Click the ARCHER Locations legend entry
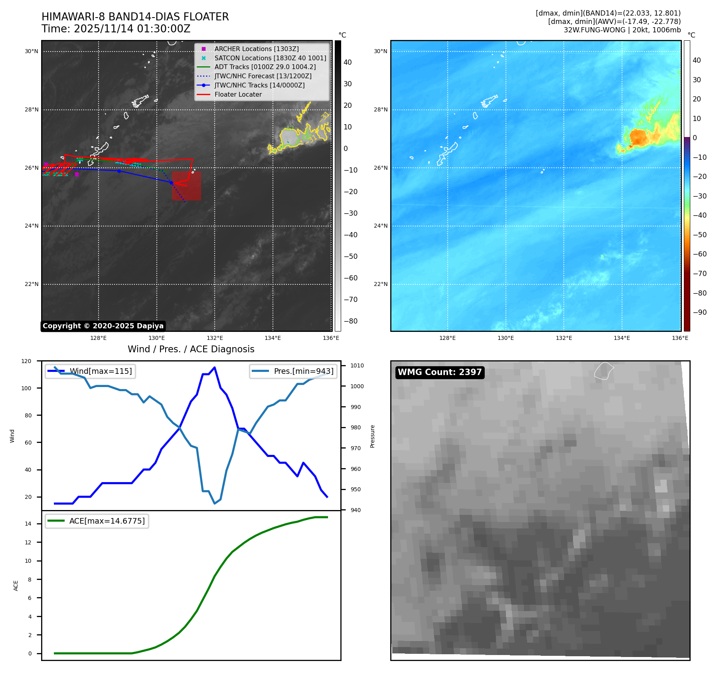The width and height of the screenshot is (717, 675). [256, 49]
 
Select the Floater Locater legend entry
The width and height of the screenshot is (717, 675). [238, 95]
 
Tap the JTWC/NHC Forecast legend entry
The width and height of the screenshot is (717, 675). [263, 76]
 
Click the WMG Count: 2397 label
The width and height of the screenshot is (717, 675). [440, 372]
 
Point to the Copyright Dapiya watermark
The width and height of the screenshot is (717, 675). [103, 326]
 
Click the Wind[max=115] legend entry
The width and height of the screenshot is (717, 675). [101, 371]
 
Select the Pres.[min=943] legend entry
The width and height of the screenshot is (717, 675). [303, 371]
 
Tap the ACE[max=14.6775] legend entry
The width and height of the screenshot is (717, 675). [107, 521]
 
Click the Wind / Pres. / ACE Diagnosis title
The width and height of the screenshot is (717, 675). [191, 349]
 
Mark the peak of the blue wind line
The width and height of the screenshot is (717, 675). [215, 367]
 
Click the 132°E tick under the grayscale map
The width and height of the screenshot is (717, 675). [215, 338]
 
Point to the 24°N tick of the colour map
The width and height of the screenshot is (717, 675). [380, 226]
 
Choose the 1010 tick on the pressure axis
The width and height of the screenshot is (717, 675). [357, 365]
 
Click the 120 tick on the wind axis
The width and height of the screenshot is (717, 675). [26, 361]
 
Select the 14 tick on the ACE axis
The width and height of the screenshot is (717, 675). [28, 524]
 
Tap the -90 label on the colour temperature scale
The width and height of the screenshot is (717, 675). [699, 312]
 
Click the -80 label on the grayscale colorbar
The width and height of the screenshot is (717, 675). [351, 321]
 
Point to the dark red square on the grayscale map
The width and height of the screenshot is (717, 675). [186, 186]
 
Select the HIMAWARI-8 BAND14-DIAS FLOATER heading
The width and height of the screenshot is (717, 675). [135, 17]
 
